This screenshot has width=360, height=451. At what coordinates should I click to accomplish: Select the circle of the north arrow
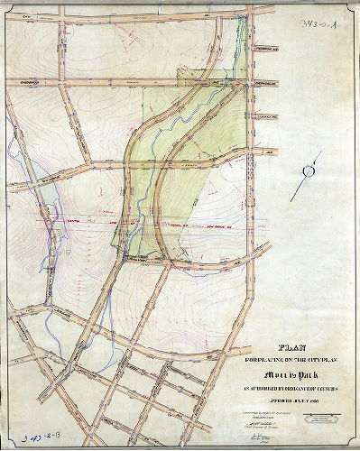[310, 169]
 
